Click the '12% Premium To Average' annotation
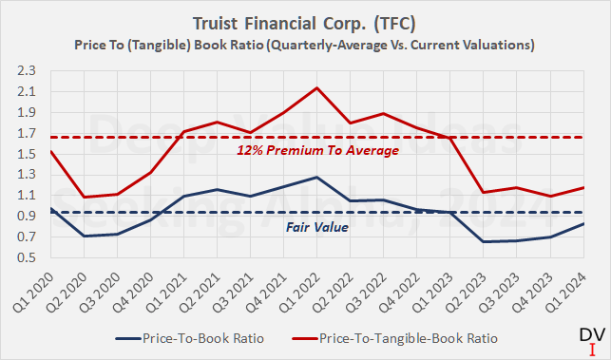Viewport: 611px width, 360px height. (318, 151)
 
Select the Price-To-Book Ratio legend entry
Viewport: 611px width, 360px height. (190, 337)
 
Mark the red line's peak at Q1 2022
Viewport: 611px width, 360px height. (318, 87)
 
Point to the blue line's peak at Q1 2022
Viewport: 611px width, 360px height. (318, 178)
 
